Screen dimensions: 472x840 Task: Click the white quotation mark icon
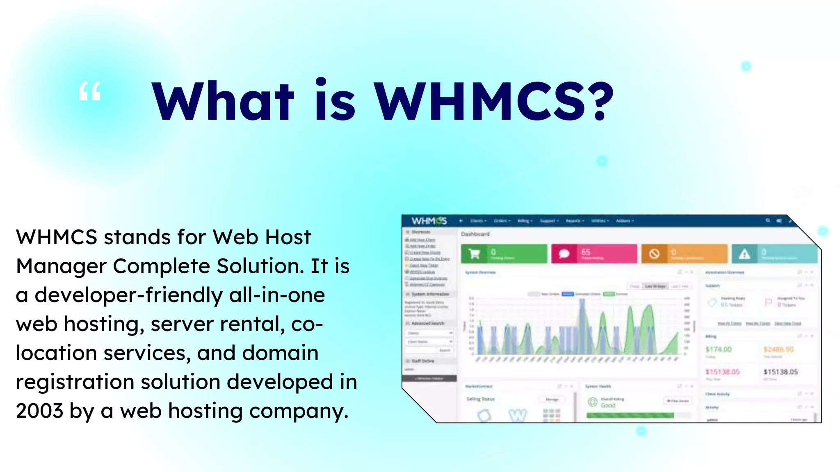(90, 91)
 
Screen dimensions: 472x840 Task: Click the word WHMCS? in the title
(494, 101)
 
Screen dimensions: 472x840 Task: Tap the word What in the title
(223, 101)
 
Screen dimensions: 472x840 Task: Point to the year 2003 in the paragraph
(39, 411)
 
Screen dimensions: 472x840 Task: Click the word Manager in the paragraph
(61, 266)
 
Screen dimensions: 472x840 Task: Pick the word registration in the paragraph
(75, 382)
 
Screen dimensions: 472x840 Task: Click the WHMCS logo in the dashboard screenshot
(429, 221)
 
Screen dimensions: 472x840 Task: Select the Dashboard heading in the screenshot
(475, 234)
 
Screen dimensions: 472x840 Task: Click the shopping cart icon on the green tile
(474, 254)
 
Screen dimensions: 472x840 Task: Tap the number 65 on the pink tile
(586, 252)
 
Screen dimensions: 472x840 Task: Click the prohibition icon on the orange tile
(655, 254)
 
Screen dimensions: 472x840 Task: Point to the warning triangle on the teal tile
(744, 254)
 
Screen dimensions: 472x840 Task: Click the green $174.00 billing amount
(719, 349)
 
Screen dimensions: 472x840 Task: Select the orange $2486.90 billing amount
(778, 349)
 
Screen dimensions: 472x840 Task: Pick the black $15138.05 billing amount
(781, 372)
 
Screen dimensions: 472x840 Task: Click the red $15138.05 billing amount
(722, 372)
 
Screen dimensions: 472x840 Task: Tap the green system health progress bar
(630, 415)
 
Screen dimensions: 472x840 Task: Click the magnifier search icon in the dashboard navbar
(768, 220)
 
